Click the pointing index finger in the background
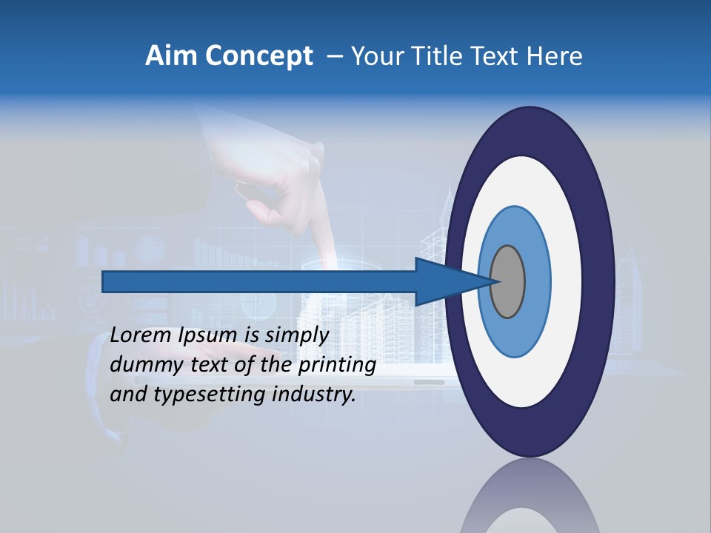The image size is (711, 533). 321,222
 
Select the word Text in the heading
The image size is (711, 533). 500,56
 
